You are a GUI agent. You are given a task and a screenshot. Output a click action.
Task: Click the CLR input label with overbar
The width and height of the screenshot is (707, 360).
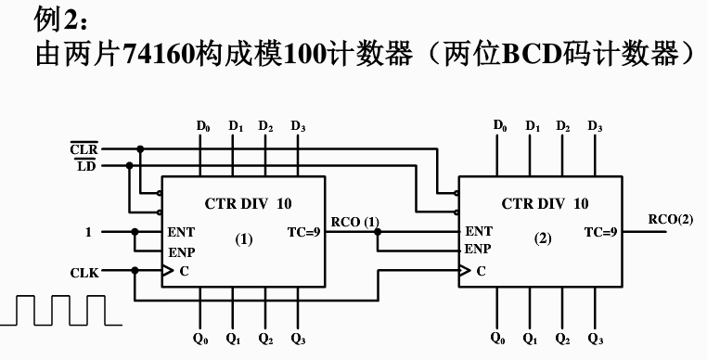click(x=84, y=148)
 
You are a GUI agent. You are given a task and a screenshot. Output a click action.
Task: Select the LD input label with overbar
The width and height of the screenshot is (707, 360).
click(x=85, y=166)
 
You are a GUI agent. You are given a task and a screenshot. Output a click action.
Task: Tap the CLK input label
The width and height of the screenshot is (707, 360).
click(x=84, y=272)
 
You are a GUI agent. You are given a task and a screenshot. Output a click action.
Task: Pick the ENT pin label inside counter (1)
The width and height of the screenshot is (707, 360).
click(x=181, y=232)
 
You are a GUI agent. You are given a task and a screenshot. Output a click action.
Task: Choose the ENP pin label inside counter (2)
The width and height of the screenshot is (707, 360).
click(x=478, y=249)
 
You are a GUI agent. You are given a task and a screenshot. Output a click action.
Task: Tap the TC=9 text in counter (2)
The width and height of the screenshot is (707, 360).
click(x=600, y=232)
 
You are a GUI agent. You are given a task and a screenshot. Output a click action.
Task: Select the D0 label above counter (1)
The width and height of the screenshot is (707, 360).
click(x=201, y=126)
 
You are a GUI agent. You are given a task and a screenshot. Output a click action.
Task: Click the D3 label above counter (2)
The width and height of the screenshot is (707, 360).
click(x=595, y=126)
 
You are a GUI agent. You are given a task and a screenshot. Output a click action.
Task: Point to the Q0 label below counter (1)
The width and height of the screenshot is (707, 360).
click(x=200, y=340)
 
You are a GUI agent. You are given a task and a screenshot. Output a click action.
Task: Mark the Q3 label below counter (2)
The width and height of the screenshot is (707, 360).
click(x=595, y=340)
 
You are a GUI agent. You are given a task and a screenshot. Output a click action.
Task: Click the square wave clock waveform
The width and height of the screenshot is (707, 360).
click(x=60, y=310)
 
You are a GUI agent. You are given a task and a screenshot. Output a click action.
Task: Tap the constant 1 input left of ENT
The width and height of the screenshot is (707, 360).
click(x=89, y=232)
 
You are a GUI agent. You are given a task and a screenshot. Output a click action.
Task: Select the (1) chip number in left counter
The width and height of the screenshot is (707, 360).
click(x=243, y=239)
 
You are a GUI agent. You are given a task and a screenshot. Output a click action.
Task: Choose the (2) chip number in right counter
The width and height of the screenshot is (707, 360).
click(x=543, y=239)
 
